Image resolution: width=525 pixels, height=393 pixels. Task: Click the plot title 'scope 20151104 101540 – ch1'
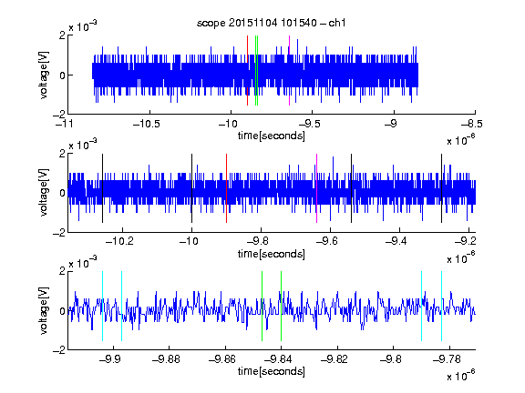tap(271, 23)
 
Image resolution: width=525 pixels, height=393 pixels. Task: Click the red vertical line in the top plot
tap(247, 71)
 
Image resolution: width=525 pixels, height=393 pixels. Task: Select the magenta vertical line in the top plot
tap(289, 71)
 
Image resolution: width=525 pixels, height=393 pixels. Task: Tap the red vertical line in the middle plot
tap(227, 188)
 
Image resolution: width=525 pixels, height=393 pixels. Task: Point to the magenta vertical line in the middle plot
tap(317, 188)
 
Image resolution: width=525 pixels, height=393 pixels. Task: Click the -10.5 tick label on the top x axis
tap(147, 124)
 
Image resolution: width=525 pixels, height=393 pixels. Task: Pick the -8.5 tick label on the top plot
tap(472, 124)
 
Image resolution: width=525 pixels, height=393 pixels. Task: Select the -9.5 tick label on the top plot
tap(309, 124)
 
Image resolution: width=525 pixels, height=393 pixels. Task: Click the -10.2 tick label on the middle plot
tap(119, 241)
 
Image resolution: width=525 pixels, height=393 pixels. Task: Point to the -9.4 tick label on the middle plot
tap(396, 241)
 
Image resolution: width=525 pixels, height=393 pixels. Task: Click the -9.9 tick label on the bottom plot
tap(110, 359)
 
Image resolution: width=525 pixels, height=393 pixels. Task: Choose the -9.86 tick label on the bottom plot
tap(222, 359)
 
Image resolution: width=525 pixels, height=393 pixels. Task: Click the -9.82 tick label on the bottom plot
tap(335, 359)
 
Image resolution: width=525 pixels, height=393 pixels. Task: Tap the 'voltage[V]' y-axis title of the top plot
tap(44, 75)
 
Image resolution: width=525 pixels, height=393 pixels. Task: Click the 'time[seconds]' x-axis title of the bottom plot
tap(272, 371)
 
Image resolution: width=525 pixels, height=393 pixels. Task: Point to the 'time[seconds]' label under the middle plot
tap(272, 254)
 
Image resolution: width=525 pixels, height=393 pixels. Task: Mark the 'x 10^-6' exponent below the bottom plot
tap(461, 374)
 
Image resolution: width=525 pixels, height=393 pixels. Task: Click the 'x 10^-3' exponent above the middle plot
tap(83, 145)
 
